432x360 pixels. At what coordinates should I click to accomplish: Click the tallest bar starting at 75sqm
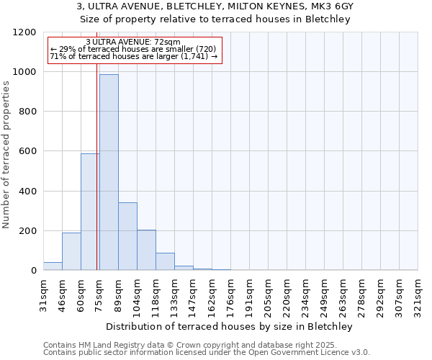click(x=109, y=173)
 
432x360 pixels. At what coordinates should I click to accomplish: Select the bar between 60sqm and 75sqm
click(x=90, y=212)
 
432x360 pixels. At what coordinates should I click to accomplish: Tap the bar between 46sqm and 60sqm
click(x=71, y=251)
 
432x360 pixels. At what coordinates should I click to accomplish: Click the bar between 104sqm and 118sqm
click(x=146, y=250)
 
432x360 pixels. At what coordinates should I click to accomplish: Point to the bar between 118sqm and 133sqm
click(x=165, y=261)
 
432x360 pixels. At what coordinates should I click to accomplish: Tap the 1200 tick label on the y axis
click(x=24, y=32)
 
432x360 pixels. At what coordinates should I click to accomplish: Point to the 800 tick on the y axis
click(x=27, y=112)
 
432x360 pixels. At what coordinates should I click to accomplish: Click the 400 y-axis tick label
click(x=27, y=192)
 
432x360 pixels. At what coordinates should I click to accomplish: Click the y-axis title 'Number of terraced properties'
click(x=6, y=155)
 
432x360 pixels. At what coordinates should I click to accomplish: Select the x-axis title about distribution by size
click(x=230, y=327)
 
